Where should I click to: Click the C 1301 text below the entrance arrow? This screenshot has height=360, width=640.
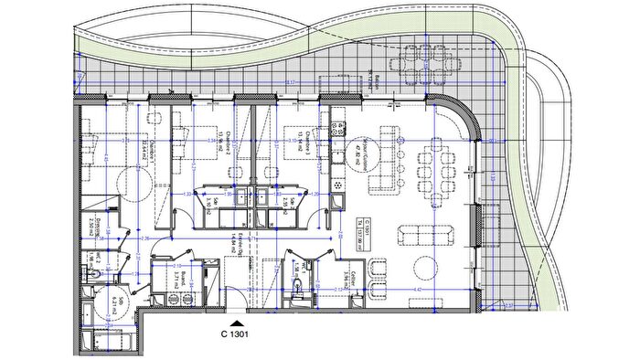coord(236,335)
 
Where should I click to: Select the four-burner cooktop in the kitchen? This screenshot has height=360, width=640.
coord(339,182)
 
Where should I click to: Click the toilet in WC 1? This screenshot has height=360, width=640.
coord(298,286)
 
